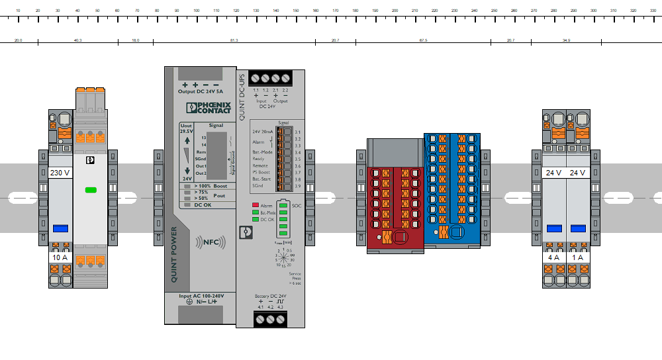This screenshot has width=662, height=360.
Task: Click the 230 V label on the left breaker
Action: click(60, 173)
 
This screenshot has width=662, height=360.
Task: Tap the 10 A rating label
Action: click(60, 257)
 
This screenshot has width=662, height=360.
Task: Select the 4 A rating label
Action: click(554, 257)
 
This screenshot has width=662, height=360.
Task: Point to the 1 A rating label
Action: click(578, 257)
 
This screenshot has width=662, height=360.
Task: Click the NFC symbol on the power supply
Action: click(207, 243)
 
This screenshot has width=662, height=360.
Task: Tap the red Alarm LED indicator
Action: click(255, 206)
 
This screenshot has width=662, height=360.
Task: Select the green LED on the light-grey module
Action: click(91, 190)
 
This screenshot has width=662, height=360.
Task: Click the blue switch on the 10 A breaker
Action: click(60, 228)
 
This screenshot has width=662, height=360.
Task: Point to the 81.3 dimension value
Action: click(234, 41)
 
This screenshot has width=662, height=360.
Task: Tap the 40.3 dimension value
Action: click(77, 41)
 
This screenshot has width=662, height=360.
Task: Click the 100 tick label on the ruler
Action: click(197, 11)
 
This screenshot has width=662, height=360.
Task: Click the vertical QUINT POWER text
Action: click(174, 255)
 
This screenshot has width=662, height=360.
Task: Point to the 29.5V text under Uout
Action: click(186, 131)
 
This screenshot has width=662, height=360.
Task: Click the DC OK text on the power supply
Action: click(203, 205)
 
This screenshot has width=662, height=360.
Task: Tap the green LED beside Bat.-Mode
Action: click(255, 212)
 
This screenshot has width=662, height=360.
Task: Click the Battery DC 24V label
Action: click(270, 296)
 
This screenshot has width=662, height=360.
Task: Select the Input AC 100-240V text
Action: click(201, 295)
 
